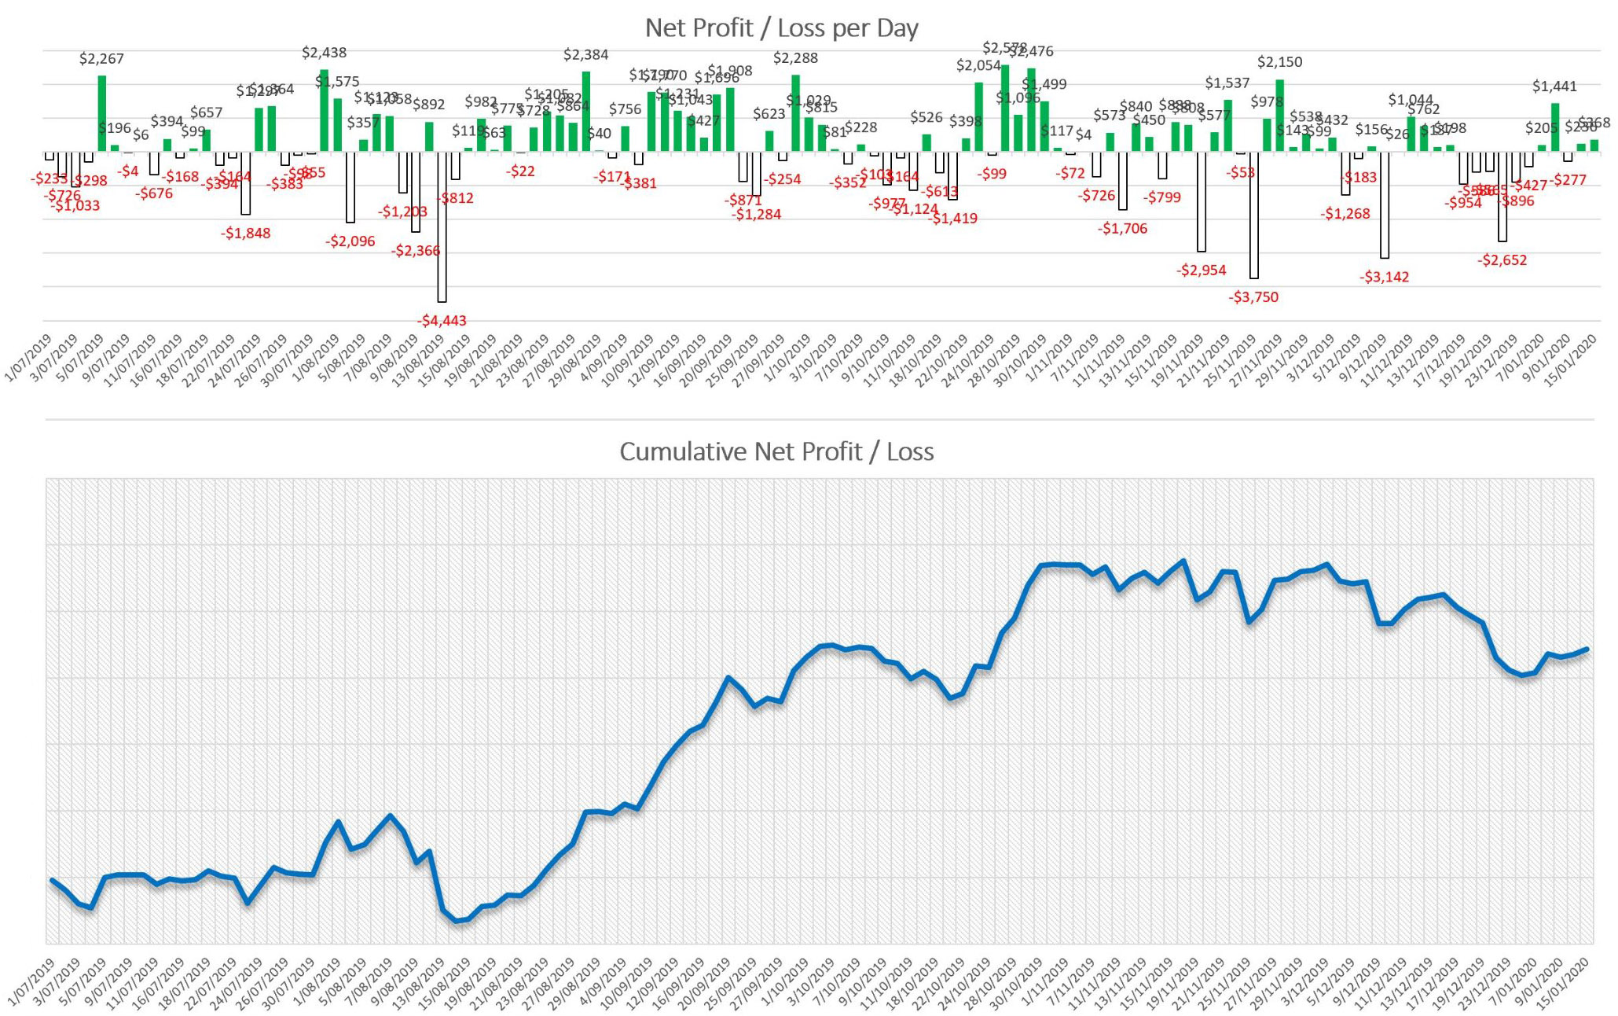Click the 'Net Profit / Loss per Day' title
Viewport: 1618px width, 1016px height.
(x=781, y=28)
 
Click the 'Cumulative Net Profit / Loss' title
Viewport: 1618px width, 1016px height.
(x=776, y=451)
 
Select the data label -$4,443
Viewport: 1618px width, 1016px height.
(x=442, y=320)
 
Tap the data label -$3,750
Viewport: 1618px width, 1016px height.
(x=1253, y=296)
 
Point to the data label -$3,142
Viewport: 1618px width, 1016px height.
(x=1384, y=277)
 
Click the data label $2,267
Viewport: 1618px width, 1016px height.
(x=101, y=59)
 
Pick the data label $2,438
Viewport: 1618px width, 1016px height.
(x=324, y=53)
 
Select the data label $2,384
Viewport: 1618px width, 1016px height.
(x=585, y=54)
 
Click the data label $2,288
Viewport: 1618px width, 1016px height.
(x=795, y=57)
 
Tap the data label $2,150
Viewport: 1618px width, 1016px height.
(x=1279, y=61)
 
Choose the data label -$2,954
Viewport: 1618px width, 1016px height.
(x=1201, y=270)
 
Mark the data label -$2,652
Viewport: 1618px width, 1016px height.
(x=1502, y=260)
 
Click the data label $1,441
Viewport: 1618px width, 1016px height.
(x=1554, y=87)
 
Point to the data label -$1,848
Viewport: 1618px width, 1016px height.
(x=245, y=233)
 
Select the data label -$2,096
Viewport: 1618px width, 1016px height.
(x=350, y=241)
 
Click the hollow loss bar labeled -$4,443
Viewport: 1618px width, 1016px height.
(x=442, y=228)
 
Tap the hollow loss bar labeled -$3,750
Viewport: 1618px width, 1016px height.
(x=1253, y=216)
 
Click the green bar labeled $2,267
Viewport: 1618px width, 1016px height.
(x=101, y=113)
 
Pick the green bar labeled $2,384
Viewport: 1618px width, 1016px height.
(x=585, y=112)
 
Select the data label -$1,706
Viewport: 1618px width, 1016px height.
(x=1122, y=228)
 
